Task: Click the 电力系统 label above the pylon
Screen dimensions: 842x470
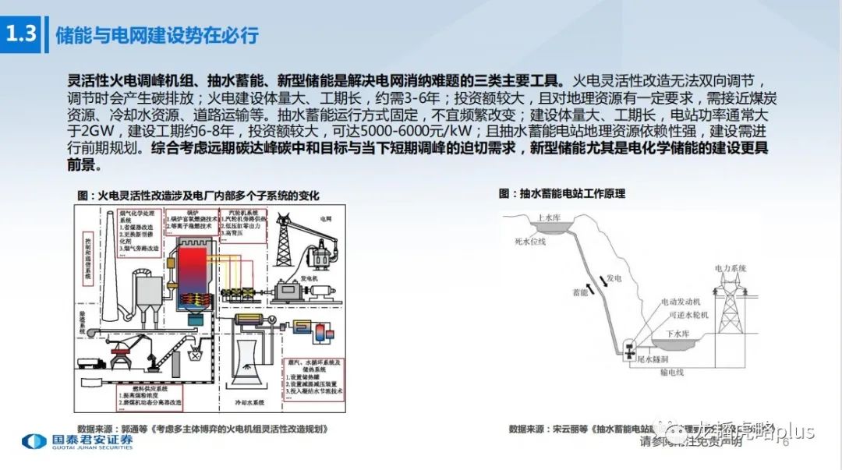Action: tap(730, 267)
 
